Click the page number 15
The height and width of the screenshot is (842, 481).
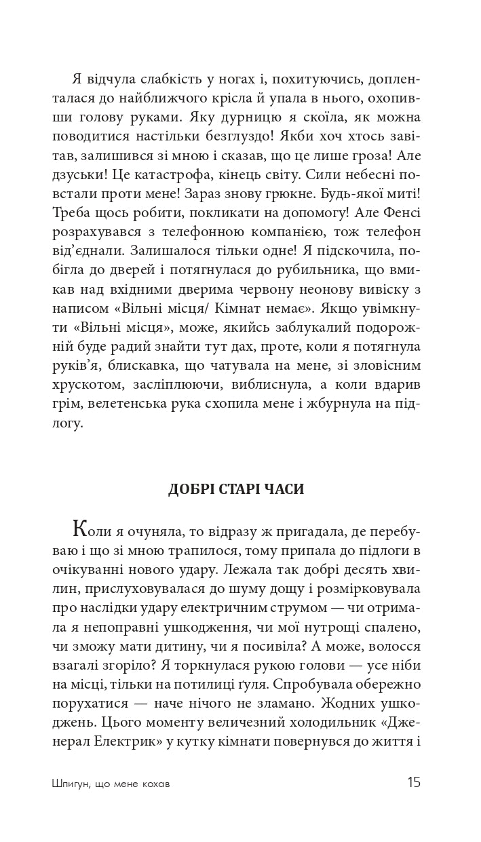(414, 782)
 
